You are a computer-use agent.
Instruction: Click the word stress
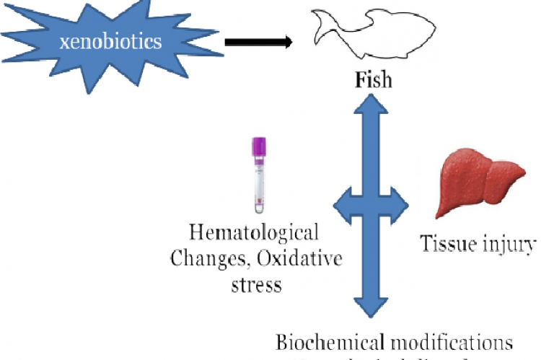(x=256, y=284)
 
